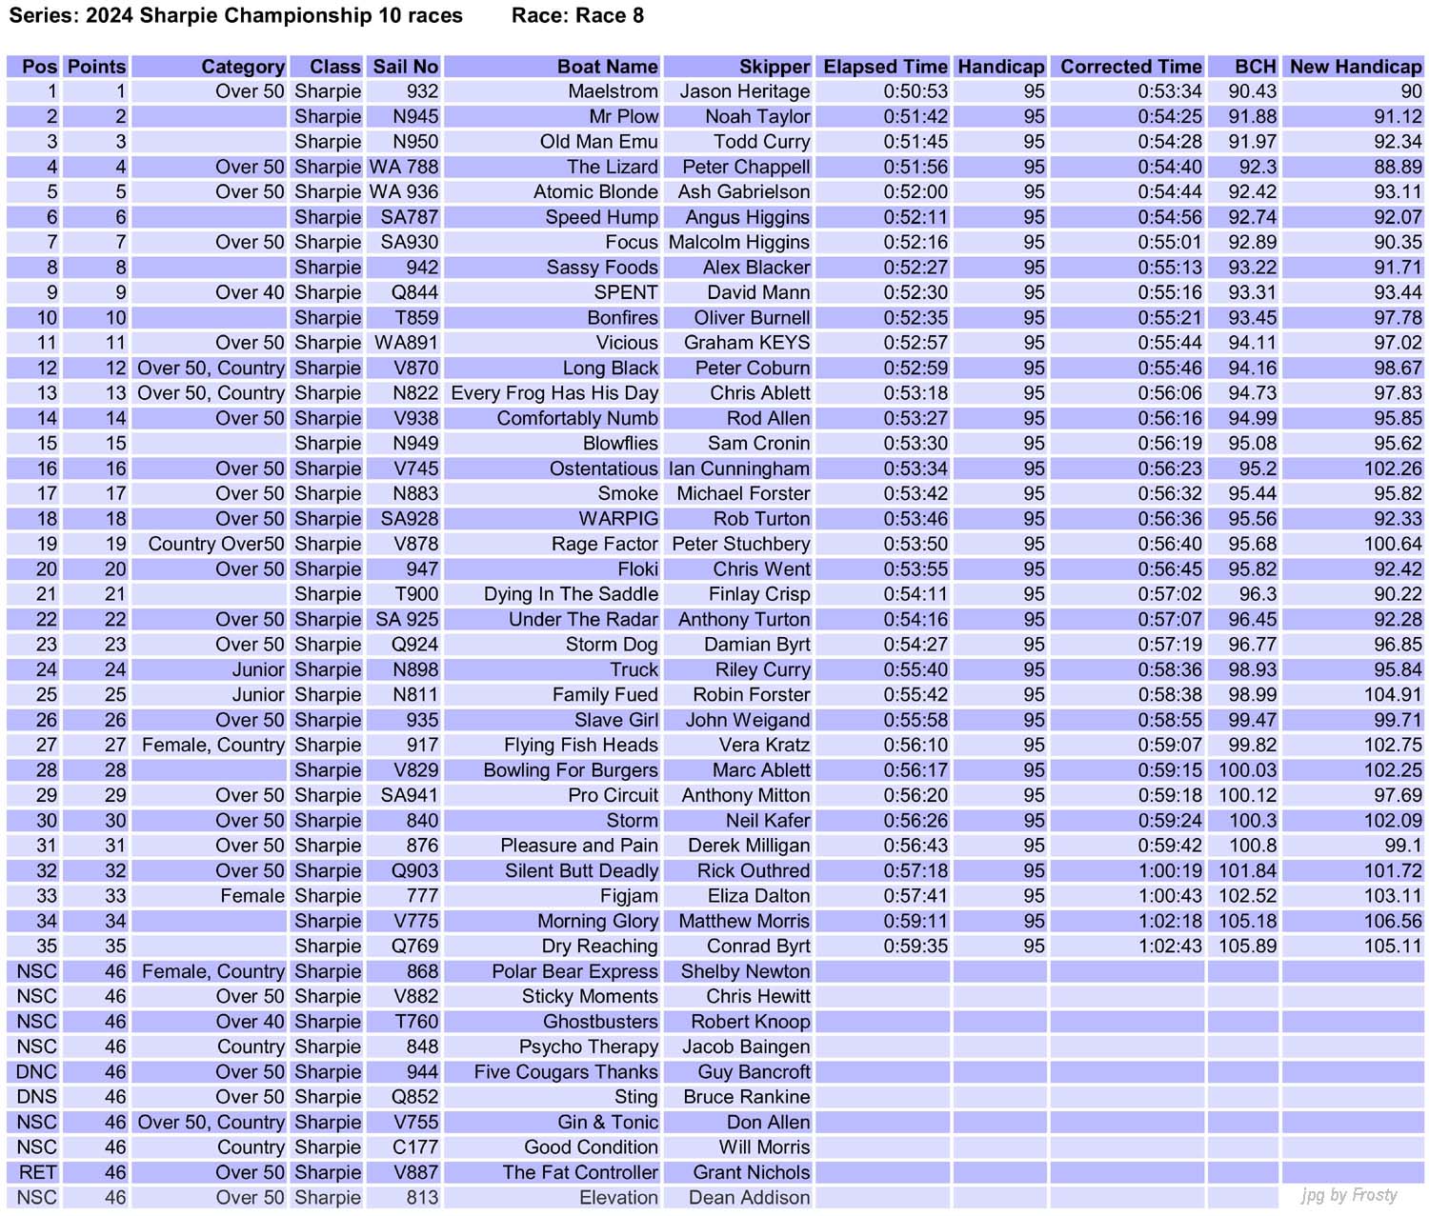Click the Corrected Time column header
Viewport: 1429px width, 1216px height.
1131,67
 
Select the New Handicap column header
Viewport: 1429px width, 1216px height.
1355,67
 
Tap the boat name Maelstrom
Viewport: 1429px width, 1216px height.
613,91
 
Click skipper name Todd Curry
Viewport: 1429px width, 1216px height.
761,142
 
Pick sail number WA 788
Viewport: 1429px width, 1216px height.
404,167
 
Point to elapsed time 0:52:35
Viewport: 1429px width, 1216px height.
915,318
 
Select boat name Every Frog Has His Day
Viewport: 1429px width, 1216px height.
554,393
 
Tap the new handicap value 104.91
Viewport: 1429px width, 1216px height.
1392,695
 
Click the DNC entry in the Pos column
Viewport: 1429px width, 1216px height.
36,1072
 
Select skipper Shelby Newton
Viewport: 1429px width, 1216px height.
745,971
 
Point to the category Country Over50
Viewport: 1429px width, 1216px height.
216,544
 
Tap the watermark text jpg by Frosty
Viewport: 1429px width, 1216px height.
1349,1195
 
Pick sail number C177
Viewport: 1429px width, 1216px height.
415,1147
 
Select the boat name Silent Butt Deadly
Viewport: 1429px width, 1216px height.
581,871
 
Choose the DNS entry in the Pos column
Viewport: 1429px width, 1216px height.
36,1097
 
